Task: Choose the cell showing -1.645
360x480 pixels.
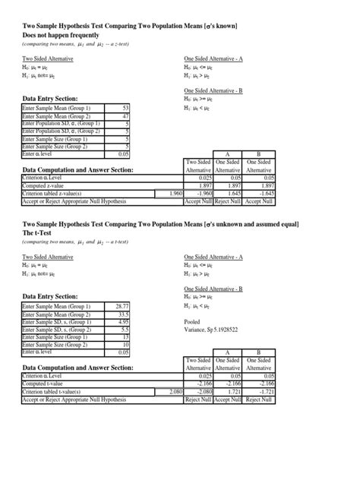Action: point(263,194)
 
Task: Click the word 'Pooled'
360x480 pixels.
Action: point(193,322)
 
